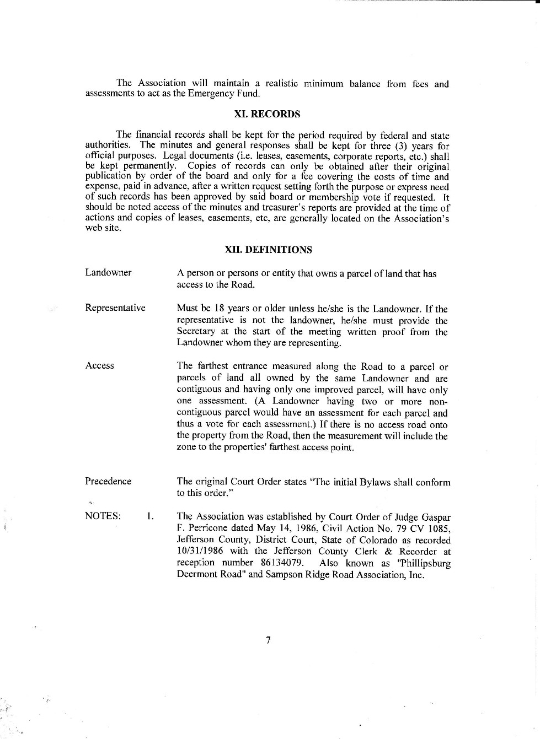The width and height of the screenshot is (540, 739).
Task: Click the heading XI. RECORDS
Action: point(268,114)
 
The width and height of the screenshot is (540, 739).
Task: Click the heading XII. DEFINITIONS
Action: point(268,250)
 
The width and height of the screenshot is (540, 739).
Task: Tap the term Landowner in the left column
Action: point(108,273)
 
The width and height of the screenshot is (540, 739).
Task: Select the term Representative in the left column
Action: point(115,308)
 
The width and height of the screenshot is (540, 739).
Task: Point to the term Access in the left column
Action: point(99,366)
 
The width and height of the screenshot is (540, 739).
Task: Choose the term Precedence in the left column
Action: point(108,481)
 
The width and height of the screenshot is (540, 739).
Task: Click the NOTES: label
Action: point(103,516)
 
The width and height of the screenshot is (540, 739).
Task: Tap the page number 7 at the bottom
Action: point(268,640)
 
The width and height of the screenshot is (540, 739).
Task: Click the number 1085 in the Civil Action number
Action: point(439,528)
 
